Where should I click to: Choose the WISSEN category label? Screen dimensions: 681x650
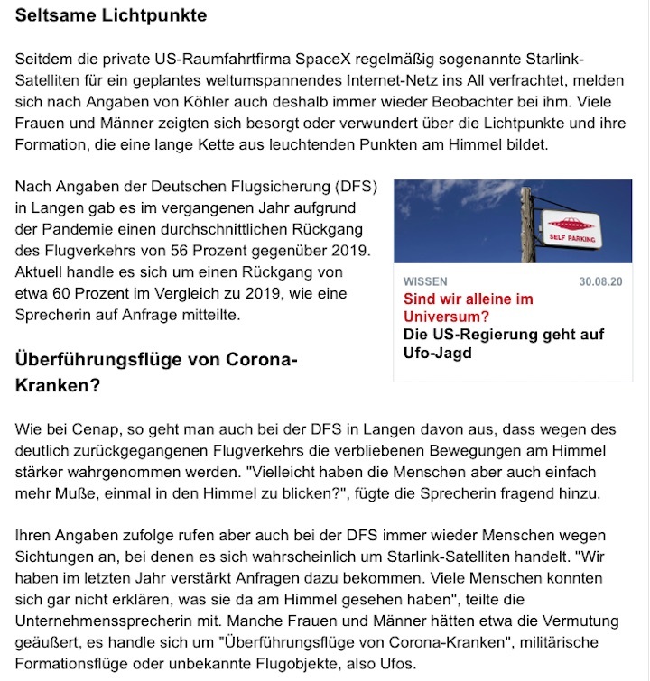coord(424,281)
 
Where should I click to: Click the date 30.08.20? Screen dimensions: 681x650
coord(600,281)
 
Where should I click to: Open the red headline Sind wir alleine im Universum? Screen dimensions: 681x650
coord(468,308)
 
